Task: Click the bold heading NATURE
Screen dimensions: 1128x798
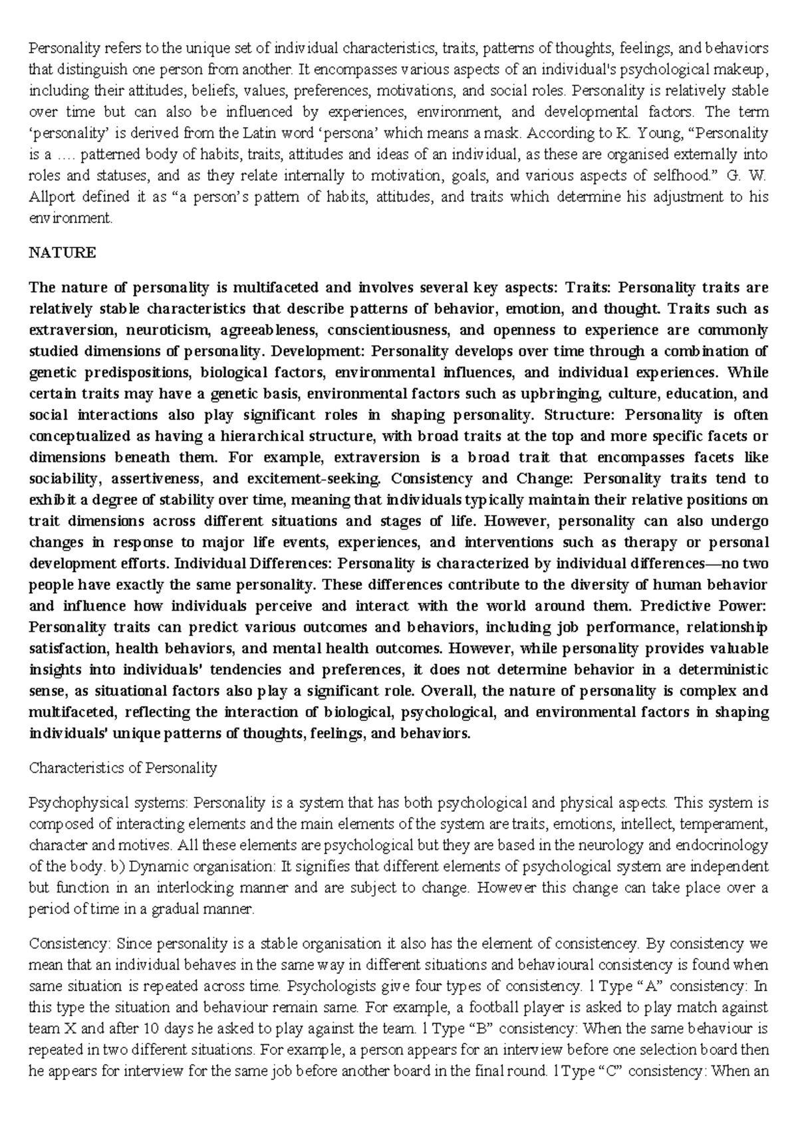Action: (63, 253)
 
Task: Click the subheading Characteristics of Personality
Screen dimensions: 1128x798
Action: (123, 768)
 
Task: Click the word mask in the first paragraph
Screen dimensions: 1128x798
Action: (504, 133)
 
